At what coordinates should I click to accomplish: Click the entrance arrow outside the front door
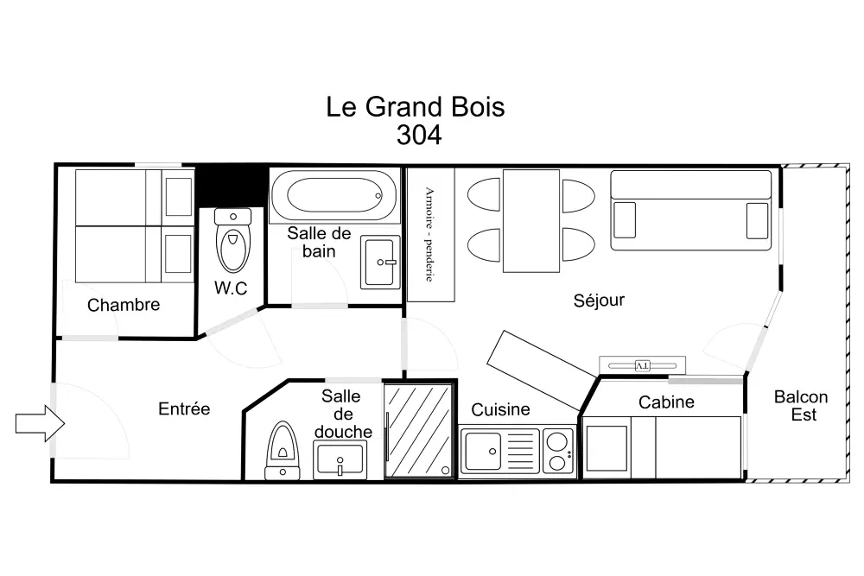coord(40,423)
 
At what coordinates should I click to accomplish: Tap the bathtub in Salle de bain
coord(334,195)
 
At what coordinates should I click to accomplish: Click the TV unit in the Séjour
coord(643,365)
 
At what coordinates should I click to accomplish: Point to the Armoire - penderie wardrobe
coord(431,235)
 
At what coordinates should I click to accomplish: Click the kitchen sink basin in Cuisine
coord(483,451)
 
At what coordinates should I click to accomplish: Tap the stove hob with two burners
coord(557,451)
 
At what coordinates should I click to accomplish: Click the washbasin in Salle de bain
coord(380,263)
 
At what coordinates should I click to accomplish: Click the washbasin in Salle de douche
coord(340,459)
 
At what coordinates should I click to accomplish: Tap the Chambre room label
coord(124,305)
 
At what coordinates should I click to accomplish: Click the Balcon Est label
coord(801,405)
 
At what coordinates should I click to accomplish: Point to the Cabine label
coord(666,402)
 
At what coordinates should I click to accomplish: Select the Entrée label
coord(184,408)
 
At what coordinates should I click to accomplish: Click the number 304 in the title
coord(419,135)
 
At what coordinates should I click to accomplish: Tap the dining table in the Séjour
coord(531,220)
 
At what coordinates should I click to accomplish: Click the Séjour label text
coord(599,301)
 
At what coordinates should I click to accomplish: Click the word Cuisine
coord(500,409)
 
